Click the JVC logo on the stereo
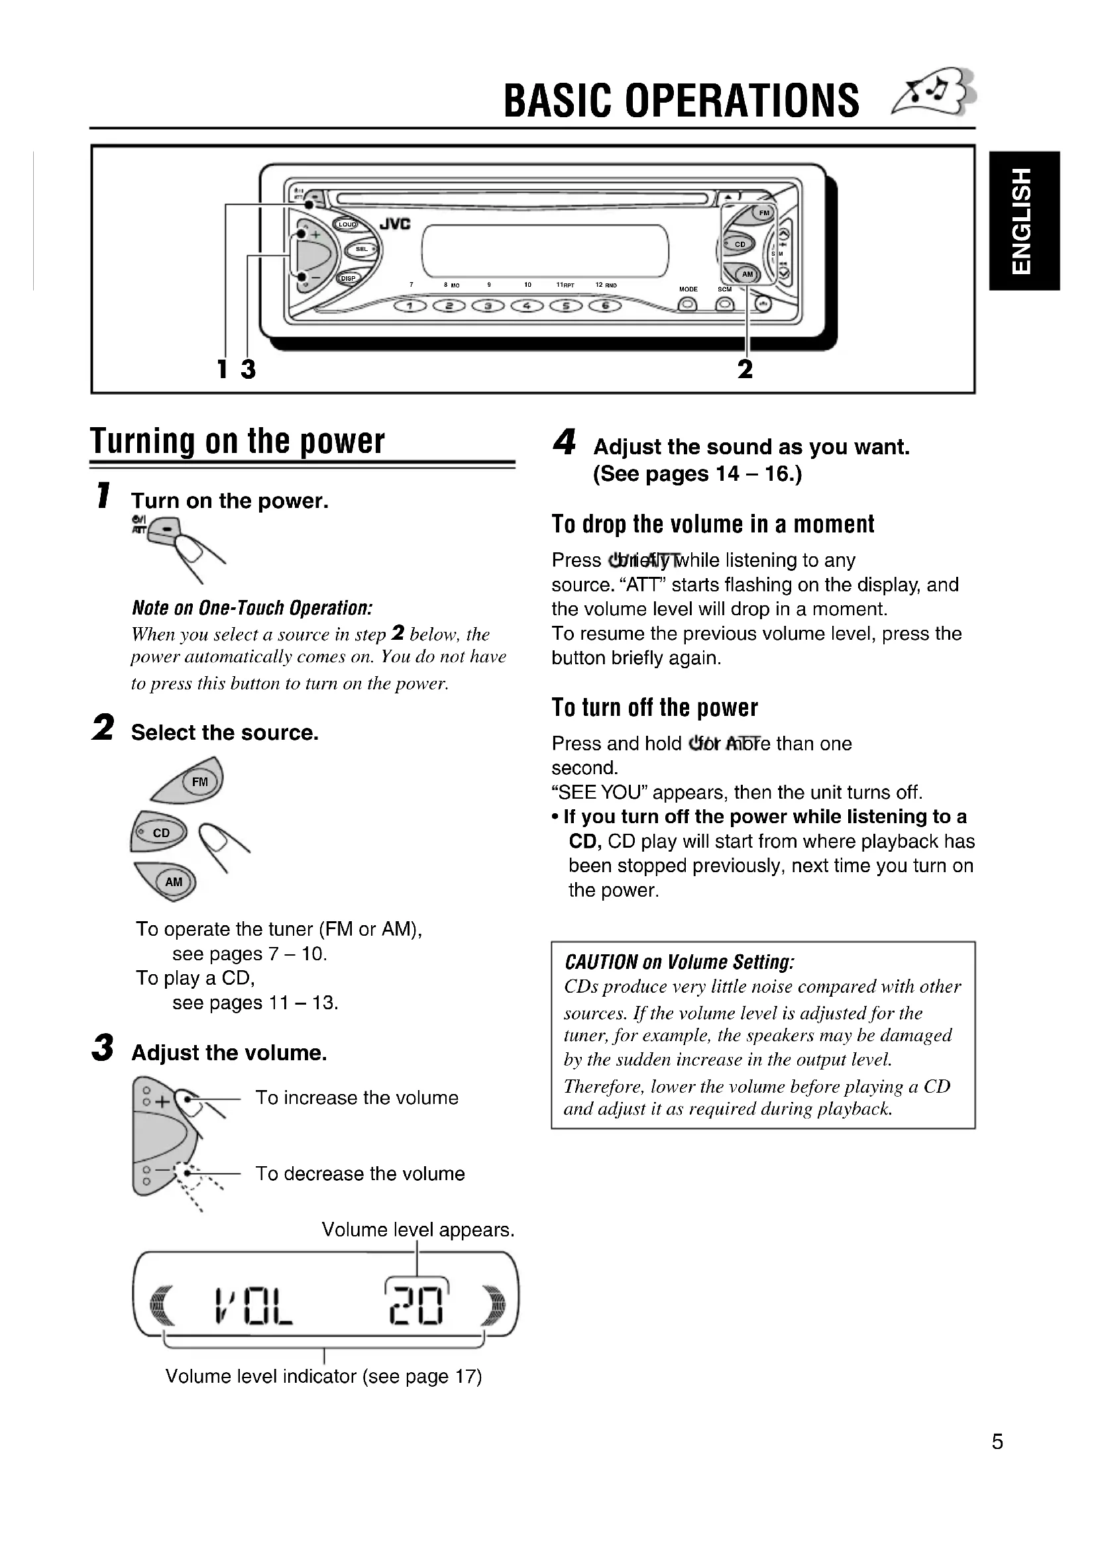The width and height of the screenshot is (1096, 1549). [395, 224]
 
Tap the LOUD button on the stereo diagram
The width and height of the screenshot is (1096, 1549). [347, 225]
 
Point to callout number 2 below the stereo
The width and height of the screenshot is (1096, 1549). [744, 369]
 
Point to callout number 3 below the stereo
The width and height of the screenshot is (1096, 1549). [248, 369]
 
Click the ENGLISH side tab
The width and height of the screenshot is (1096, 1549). [1024, 221]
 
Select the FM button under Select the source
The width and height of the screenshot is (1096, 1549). [199, 782]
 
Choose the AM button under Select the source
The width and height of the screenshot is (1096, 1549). [174, 881]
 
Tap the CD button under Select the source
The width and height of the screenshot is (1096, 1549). [160, 832]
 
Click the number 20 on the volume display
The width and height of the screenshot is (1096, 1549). [417, 1302]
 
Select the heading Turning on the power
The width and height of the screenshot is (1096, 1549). [238, 441]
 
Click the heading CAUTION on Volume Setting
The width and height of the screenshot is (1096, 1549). [679, 962]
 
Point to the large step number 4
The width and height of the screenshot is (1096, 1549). [564, 442]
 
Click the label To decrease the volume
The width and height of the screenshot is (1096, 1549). [360, 1174]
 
